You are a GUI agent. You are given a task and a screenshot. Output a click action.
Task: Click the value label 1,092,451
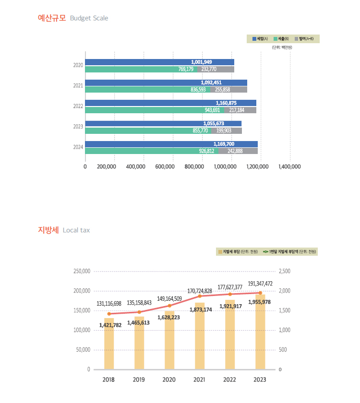(x=211, y=83)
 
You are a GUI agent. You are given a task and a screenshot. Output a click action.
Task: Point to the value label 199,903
(x=227, y=130)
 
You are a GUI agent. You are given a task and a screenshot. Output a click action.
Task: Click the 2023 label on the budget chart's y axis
(x=78, y=127)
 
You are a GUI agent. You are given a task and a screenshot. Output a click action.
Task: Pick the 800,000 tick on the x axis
(x=194, y=166)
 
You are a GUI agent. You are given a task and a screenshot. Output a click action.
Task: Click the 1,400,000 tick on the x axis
(x=289, y=166)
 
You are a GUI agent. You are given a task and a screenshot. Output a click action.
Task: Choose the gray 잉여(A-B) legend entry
(x=305, y=38)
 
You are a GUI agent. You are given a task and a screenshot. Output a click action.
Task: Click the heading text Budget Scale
(x=89, y=18)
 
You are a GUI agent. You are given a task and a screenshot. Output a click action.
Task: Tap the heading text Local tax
(x=76, y=230)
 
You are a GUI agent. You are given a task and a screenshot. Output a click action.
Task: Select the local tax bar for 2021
(x=200, y=341)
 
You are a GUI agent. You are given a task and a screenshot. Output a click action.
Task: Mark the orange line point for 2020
(x=169, y=306)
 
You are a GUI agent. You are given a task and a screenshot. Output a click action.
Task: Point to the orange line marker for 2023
(x=260, y=293)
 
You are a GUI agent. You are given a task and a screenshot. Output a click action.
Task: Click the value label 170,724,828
(x=200, y=291)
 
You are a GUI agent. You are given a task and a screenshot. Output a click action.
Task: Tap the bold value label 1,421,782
(x=110, y=325)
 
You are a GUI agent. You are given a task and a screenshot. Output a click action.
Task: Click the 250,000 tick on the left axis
(x=82, y=271)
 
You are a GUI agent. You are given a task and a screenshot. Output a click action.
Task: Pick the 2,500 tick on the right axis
(x=284, y=271)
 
